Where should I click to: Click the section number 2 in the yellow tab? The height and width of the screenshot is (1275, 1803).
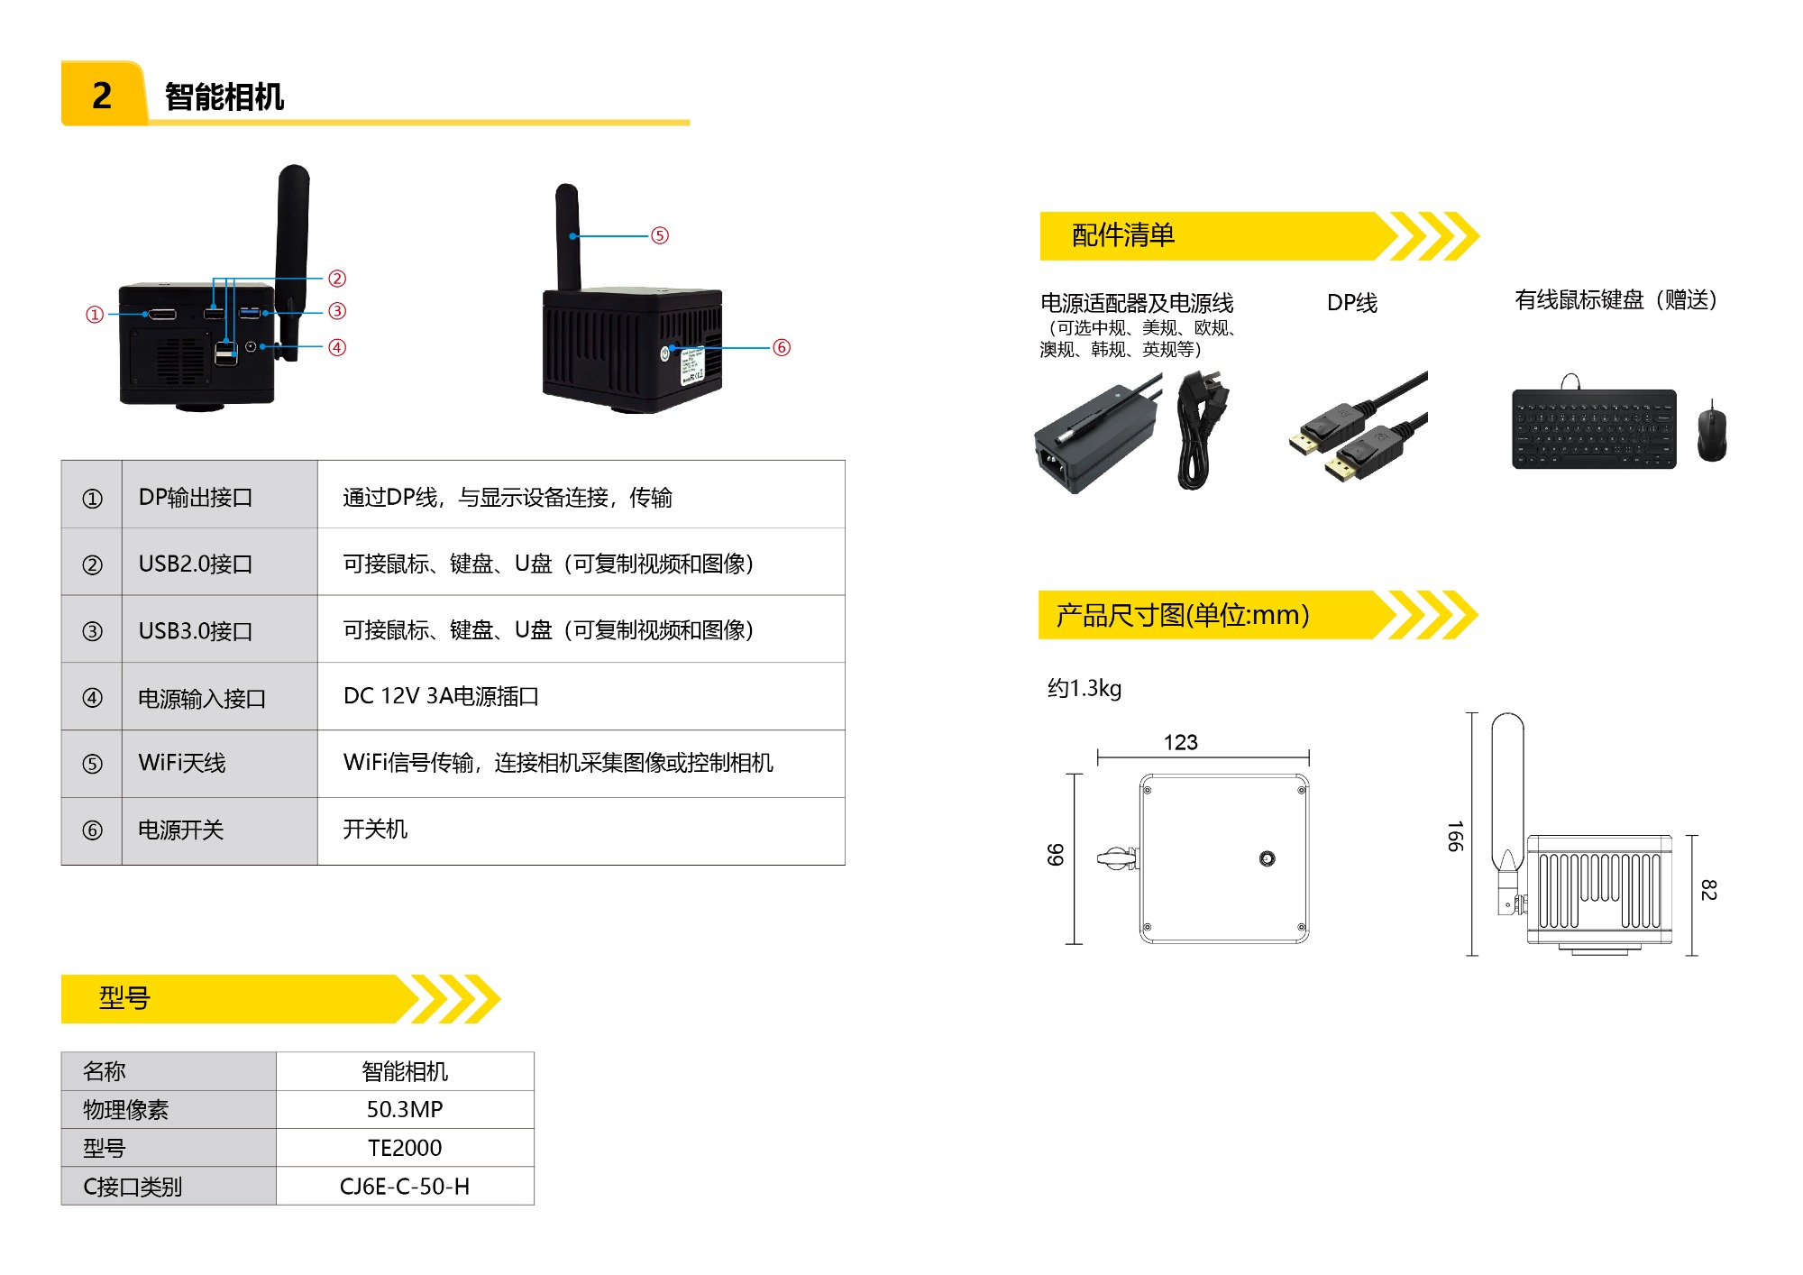coord(102,96)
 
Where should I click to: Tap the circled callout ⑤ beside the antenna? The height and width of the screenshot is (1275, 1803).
coord(660,235)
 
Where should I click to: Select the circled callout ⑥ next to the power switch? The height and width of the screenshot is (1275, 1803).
coord(782,347)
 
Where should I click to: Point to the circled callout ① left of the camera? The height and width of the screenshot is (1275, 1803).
coord(95,315)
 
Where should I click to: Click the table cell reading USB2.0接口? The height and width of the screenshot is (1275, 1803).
coord(196,564)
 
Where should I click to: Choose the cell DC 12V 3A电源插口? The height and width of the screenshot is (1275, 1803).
coord(441,696)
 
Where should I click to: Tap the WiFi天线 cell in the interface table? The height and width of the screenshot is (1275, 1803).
coord(182,763)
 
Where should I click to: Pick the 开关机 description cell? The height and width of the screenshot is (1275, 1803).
coord(375,830)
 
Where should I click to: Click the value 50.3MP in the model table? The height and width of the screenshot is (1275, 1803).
coord(405,1109)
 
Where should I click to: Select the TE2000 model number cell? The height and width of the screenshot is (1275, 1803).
coord(405,1148)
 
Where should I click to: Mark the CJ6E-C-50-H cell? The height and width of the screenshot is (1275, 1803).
coord(405,1187)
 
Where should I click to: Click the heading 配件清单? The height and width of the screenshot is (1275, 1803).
coord(1123,235)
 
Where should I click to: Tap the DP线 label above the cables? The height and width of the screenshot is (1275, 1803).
coord(1351,303)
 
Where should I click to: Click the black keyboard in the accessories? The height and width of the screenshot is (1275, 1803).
coord(1594,428)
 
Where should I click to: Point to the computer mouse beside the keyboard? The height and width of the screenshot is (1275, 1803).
coord(1711,433)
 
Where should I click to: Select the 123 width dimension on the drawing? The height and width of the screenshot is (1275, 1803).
coord(1180,742)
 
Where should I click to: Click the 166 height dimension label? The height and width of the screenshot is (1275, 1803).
coord(1454,836)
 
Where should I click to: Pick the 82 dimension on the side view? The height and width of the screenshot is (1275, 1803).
coord(1707,890)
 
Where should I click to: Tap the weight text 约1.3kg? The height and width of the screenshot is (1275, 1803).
coord(1085,689)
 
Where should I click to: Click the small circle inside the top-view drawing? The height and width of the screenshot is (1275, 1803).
coord(1267,858)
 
